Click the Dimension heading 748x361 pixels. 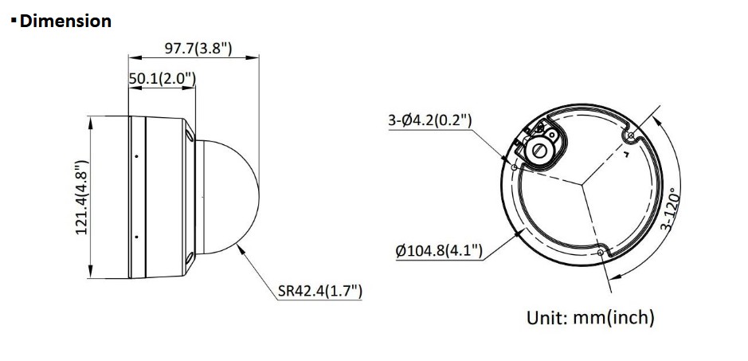click(65, 21)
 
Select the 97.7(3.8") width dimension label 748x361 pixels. click(198, 49)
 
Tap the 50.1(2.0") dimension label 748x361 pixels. click(163, 79)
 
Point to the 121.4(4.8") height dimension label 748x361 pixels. click(83, 197)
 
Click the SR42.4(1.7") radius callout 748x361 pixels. click(320, 290)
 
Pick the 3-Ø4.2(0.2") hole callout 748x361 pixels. click(430, 121)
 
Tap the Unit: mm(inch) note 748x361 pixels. click(590, 317)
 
